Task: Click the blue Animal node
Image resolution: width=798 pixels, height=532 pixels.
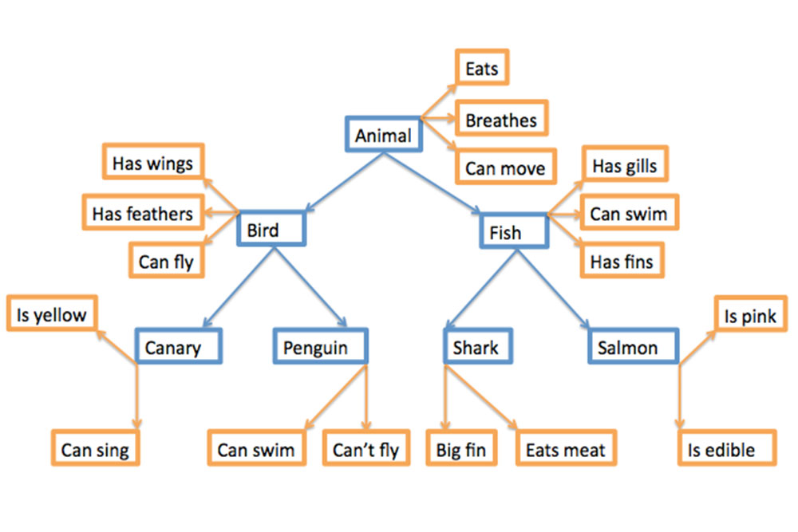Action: [383, 136]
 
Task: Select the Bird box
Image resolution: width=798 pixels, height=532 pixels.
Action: [271, 231]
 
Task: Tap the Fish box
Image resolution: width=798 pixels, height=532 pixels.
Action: [513, 232]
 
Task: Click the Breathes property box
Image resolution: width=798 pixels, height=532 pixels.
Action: [501, 120]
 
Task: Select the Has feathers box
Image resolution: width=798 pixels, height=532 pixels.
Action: [143, 214]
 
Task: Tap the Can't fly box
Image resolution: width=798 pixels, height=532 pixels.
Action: [365, 450]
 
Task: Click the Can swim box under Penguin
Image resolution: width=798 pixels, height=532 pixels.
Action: [255, 450]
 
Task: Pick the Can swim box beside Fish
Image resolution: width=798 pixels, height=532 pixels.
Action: [629, 214]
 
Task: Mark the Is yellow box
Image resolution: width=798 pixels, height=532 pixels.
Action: [52, 314]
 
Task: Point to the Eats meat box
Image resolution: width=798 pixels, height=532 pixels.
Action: [565, 450]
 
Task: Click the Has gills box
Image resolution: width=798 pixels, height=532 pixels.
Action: [625, 166]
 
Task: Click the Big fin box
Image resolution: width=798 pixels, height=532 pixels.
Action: [461, 450]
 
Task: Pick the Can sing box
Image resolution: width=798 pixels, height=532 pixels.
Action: [95, 450]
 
